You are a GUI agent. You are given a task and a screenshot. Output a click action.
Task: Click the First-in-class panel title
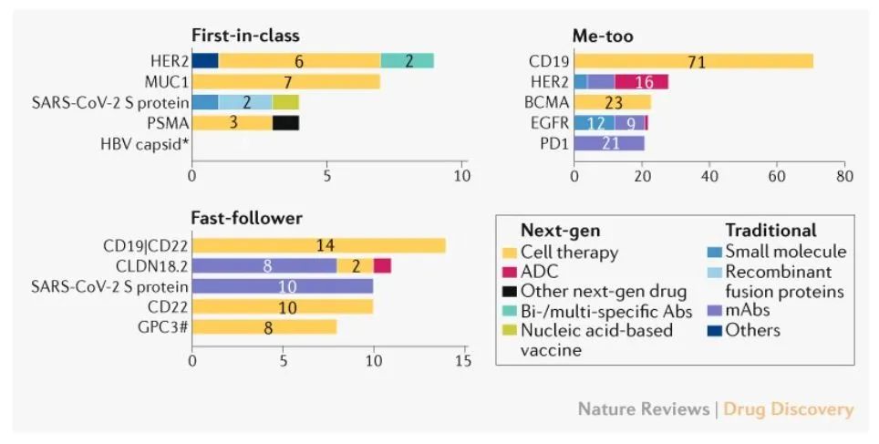(245, 36)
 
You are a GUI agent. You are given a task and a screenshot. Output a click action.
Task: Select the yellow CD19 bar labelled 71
(693, 61)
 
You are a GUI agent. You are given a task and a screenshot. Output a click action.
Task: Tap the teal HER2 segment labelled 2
(408, 61)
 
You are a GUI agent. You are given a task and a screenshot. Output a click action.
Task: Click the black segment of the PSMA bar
(285, 122)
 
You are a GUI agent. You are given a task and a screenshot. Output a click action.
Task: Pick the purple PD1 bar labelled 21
(609, 142)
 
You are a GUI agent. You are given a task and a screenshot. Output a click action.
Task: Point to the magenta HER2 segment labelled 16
(642, 82)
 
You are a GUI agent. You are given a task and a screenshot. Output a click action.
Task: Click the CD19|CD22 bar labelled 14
(318, 245)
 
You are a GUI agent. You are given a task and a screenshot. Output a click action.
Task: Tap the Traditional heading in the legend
(770, 231)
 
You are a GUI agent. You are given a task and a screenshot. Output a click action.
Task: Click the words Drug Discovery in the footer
(789, 408)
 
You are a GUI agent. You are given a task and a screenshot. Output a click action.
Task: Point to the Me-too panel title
(603, 36)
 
